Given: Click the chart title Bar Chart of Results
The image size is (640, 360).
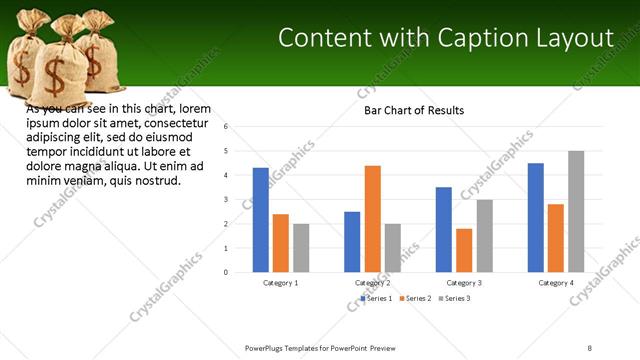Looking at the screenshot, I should [413, 110].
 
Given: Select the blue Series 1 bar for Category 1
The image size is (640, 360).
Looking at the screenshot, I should [261, 219].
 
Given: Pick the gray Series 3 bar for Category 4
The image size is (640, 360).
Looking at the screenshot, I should [576, 211].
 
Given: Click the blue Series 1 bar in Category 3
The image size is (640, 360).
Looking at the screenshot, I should [444, 229].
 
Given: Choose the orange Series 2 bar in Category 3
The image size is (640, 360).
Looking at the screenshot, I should [464, 250].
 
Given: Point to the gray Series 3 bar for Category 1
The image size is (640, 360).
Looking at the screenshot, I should [301, 247].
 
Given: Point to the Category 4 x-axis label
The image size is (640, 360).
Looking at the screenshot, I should [556, 283].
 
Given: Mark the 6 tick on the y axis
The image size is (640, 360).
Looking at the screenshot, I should [227, 127].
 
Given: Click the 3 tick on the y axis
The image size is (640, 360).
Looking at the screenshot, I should [227, 200].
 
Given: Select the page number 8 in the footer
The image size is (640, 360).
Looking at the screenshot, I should [590, 348].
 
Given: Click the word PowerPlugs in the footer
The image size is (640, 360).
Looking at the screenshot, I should [265, 348].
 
